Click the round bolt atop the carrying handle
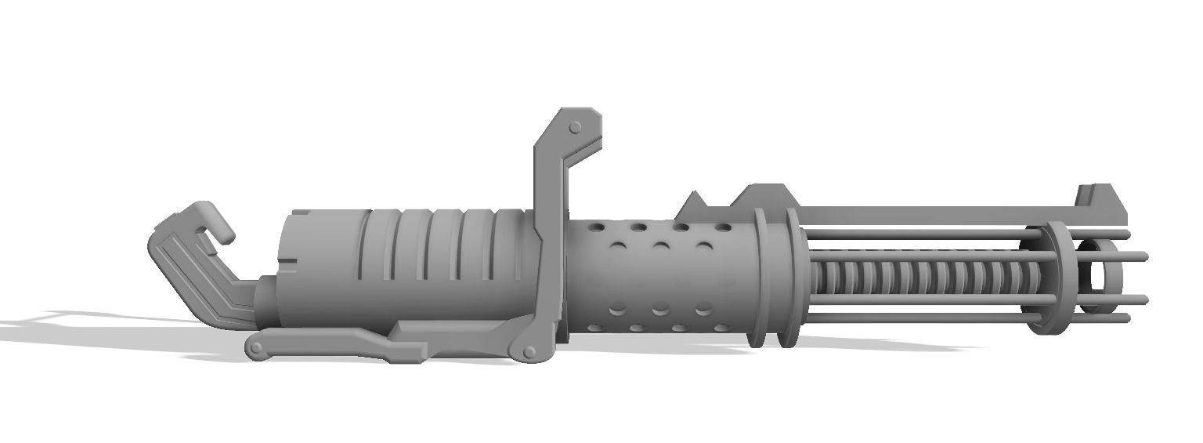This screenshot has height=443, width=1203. pos(575,127)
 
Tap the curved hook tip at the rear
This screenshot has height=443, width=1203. pos(223,233)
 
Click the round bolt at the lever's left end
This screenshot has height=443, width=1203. pos(256,347)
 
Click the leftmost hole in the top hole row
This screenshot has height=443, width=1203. pos(597,227)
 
